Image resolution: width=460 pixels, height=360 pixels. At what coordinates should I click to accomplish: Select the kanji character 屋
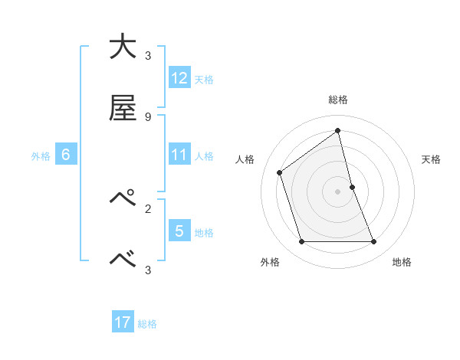pos(122,109)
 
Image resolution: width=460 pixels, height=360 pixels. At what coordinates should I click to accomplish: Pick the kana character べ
pos(122,260)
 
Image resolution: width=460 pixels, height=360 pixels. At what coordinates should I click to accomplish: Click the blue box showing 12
pos(179,77)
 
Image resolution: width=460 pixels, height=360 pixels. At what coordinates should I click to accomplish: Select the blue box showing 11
pos(179,154)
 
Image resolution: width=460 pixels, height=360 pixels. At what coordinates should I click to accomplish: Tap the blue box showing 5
pos(179,231)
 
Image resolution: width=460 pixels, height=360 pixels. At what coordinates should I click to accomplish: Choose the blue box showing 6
pos(66,155)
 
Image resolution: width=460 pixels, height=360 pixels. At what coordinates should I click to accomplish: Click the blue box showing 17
pos(123,322)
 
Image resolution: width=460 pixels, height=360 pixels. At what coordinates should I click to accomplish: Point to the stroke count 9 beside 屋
pos(148,117)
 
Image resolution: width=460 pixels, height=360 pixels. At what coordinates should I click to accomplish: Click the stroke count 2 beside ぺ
pos(148,208)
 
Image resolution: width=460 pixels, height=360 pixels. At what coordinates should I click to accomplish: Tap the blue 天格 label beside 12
pos(204,79)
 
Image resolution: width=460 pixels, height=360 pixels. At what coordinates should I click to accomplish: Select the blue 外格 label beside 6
pos(41,155)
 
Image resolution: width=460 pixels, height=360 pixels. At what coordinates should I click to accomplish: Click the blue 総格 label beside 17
pos(147,324)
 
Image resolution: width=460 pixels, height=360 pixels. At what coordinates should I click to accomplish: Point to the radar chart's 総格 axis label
pos(338,100)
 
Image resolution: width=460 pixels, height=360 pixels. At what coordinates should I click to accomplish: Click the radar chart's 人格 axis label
pos(245,159)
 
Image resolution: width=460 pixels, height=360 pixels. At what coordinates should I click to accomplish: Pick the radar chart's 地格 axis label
pos(402,262)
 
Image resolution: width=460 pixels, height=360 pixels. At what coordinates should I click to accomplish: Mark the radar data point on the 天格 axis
pos(352,187)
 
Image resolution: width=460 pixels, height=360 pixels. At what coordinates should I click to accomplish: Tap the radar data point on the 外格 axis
pos(301,242)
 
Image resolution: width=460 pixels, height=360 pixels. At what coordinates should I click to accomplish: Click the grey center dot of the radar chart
pos(338,191)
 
